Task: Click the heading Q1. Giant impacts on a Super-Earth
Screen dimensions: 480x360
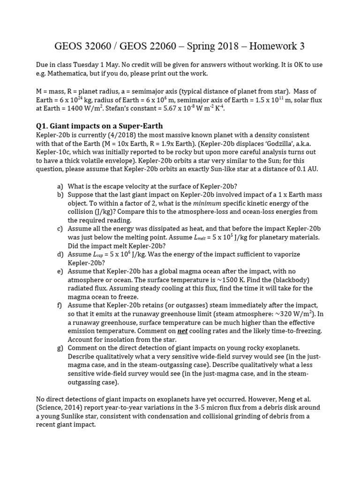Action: click(x=99, y=126)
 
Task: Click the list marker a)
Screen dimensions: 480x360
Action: click(x=60, y=186)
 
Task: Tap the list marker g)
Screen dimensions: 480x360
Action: click(x=60, y=347)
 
